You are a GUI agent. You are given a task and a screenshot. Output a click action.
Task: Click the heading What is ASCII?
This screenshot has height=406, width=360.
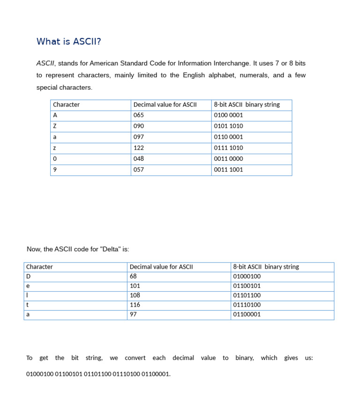68,42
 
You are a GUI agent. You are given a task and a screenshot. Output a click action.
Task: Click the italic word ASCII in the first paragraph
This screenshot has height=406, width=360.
45,63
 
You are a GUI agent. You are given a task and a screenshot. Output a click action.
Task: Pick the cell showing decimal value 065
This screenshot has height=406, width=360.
139,115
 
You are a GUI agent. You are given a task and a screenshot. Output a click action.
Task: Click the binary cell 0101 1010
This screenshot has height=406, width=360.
228,126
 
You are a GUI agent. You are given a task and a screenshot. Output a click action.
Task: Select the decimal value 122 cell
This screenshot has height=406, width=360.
139,148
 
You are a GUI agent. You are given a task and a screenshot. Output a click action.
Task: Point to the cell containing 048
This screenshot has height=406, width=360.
139,159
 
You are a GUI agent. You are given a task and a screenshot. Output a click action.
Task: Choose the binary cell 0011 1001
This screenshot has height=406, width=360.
228,170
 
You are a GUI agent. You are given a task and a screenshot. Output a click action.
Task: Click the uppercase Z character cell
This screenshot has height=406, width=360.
55,126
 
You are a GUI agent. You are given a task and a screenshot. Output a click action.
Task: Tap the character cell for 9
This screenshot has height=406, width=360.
55,170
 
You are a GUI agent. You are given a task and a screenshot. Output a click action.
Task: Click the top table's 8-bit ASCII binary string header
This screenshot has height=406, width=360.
247,105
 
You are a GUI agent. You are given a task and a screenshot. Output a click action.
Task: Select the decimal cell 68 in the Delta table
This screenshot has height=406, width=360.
133,276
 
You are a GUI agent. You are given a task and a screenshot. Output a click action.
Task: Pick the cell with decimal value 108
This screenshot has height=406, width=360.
135,295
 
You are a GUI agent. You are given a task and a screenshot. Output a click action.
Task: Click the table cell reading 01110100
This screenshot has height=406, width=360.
247,305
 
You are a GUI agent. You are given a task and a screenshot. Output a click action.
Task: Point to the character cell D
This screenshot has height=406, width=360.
28,276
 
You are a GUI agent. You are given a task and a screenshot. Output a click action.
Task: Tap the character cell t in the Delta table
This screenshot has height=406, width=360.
28,305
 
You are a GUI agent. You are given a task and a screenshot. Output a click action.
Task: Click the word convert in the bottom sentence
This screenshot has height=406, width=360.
135,358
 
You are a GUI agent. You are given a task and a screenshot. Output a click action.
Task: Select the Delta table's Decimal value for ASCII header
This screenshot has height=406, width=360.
161,267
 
